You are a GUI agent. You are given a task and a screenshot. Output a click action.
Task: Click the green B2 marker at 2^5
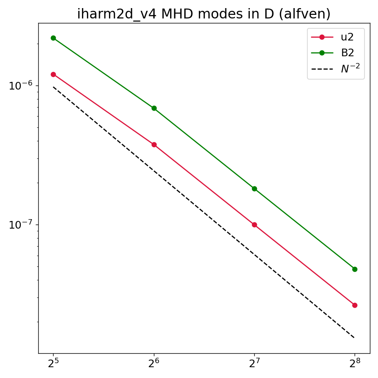coord(53,38)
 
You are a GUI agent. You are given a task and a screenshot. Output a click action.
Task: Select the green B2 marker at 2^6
coord(154,108)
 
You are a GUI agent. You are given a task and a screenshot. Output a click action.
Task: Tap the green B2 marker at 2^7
coord(254,189)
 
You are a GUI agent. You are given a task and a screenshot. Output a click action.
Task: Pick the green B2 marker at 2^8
coord(355,269)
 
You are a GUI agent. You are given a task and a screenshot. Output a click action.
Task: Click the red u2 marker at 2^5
coord(53,75)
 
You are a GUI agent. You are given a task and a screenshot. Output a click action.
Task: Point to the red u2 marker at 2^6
coord(154,144)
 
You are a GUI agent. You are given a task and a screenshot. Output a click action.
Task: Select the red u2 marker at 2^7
coord(254,225)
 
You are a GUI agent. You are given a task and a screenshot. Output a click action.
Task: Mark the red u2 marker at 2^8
coord(355,306)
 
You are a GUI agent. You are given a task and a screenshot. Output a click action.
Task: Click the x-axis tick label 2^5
coord(53,363)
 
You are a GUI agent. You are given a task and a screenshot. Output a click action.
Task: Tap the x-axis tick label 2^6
coord(154,363)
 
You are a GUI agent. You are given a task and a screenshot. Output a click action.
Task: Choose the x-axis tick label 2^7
coord(254,363)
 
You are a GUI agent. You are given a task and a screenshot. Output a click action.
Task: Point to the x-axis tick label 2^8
coord(355,363)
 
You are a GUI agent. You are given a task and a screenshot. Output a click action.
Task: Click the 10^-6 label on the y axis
coord(21,85)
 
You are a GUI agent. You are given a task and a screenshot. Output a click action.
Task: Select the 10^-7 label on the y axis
coord(21,225)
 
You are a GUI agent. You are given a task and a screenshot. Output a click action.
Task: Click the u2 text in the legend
coord(347,37)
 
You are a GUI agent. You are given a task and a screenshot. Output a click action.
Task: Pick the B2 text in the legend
coord(347,53)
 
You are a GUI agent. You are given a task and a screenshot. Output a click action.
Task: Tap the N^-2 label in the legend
coord(350,68)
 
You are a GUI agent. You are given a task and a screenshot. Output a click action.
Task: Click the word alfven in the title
coord(305,14)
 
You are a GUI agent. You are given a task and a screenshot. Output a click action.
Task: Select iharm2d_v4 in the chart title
coord(117,14)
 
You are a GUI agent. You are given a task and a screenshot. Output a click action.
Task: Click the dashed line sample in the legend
coord(322,69)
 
